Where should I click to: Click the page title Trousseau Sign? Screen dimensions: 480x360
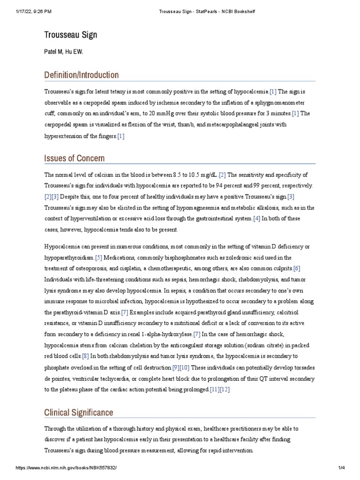(71, 35)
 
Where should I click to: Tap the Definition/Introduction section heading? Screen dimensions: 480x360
(81, 75)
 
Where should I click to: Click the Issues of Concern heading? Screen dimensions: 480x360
(74, 158)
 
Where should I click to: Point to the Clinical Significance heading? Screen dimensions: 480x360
(78, 412)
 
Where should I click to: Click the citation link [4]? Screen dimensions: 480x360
(256, 218)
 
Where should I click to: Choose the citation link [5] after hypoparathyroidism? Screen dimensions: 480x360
(98, 258)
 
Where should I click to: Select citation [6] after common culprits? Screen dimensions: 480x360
(296, 269)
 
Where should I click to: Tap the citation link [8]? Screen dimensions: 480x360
(85, 356)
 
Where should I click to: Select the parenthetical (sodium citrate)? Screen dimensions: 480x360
(261, 345)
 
